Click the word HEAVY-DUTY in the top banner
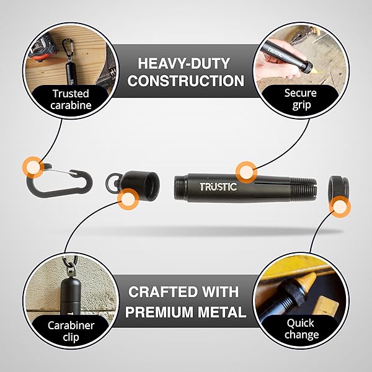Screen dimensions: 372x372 pos(184,63)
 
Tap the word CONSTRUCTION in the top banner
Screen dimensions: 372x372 pos(186,81)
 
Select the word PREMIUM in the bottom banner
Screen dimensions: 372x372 pos(159,312)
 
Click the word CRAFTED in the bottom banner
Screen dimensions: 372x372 pos(157,292)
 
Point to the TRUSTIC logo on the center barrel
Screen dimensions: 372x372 pos(218,187)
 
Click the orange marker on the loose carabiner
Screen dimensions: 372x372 pos(33,167)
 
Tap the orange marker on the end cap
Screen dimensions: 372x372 pos(128,199)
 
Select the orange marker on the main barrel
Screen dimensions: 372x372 pos(247,172)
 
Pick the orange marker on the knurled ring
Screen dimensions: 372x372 pos(340,206)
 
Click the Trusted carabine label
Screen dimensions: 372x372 pos(71,99)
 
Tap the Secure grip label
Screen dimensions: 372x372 pos(301,99)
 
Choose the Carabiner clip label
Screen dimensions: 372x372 pos(71,331)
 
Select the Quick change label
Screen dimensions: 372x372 pos(301,329)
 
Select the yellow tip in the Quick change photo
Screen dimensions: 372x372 pos(308,280)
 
